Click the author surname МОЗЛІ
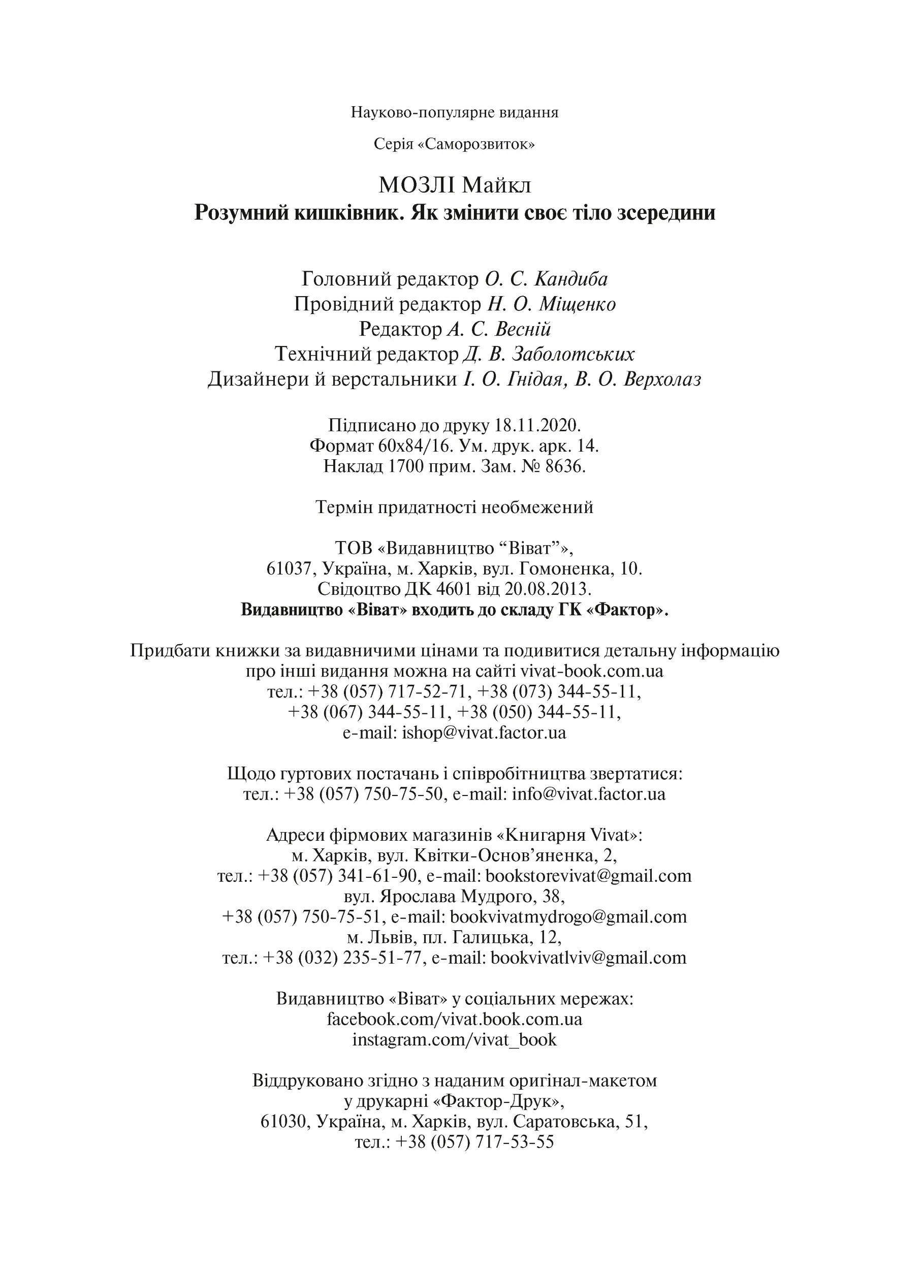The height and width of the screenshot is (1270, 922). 418,185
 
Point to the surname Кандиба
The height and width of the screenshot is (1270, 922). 571,278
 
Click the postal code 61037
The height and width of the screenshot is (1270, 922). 289,569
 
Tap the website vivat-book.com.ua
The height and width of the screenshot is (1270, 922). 592,671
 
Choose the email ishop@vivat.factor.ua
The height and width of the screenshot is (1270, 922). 484,733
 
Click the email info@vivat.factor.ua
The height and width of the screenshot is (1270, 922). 588,794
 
